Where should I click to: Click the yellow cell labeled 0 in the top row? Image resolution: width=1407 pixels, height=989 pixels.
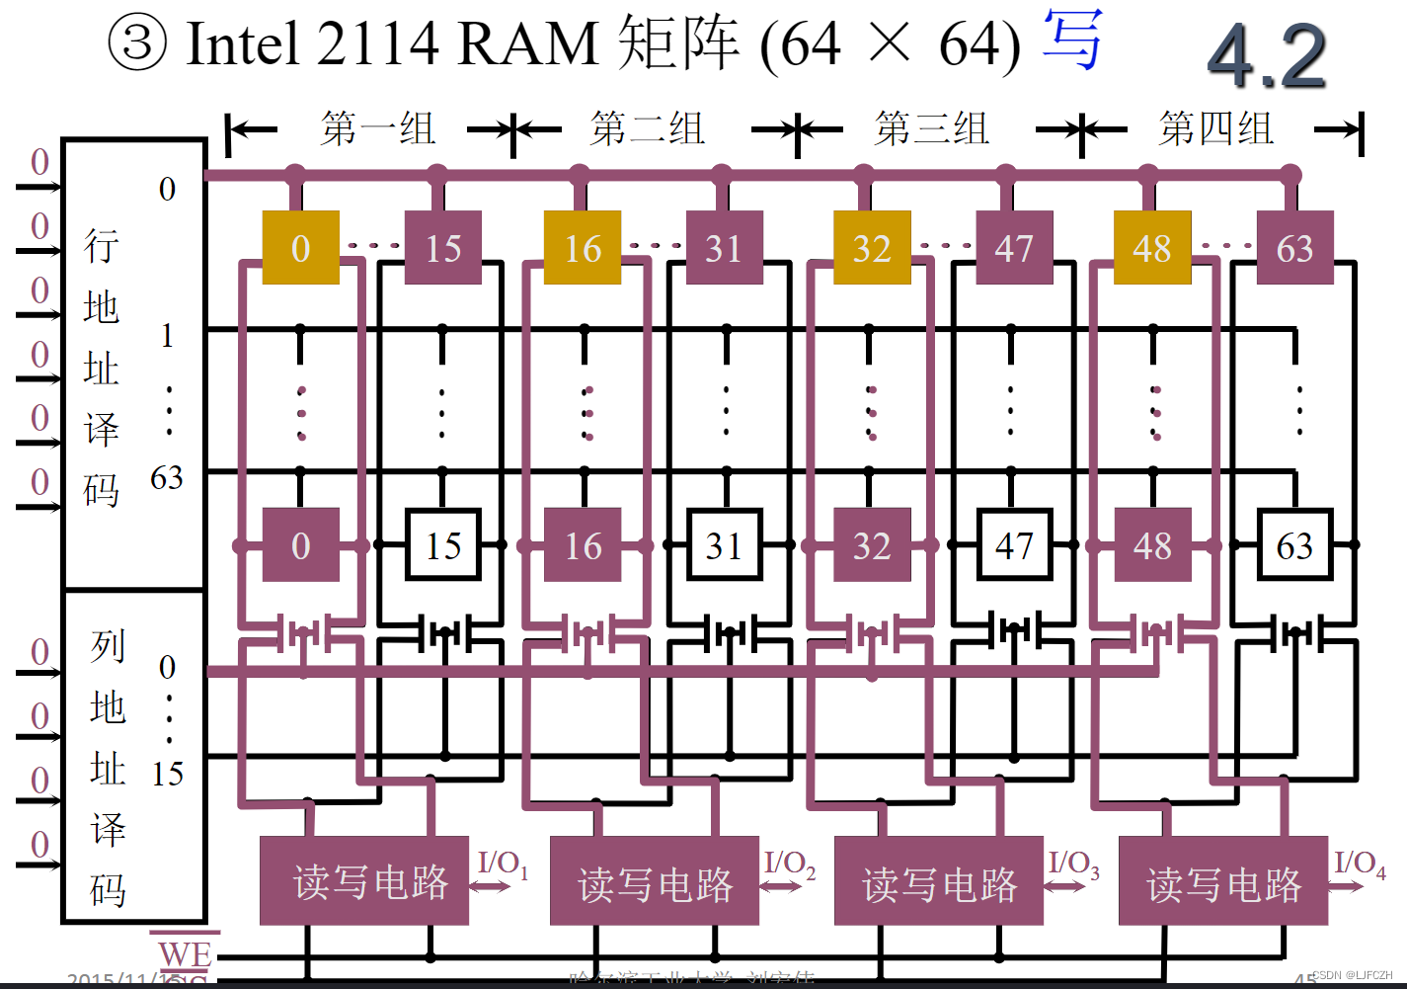pyautogui.click(x=300, y=248)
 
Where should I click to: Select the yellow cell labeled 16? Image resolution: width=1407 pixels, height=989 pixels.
pyautogui.click(x=583, y=248)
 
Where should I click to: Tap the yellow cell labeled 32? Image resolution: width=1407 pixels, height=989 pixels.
pyautogui.click(x=871, y=248)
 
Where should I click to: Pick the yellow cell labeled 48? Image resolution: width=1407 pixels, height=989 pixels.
pyautogui.click(x=1151, y=248)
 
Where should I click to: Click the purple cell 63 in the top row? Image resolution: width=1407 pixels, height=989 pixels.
pyautogui.click(x=1294, y=248)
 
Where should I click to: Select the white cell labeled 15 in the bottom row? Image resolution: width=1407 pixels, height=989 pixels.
pyautogui.click(x=443, y=545)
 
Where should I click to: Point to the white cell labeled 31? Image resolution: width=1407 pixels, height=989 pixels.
pyautogui.click(x=725, y=545)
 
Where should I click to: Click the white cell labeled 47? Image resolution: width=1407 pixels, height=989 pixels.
pyautogui.click(x=1013, y=545)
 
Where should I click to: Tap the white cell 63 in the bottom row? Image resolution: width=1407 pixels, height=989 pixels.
pyautogui.click(x=1294, y=545)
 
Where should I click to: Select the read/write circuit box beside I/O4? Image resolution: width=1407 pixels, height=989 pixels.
pyautogui.click(x=1222, y=881)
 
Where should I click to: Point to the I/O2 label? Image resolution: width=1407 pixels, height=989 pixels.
pyautogui.click(x=789, y=864)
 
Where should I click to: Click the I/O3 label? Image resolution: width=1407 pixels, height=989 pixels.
pyautogui.click(x=1073, y=864)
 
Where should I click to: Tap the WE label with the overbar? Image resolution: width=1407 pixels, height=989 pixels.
pyautogui.click(x=185, y=954)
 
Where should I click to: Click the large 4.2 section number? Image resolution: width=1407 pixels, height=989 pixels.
pyautogui.click(x=1267, y=56)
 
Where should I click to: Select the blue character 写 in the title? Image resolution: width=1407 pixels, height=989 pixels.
pyautogui.click(x=1072, y=41)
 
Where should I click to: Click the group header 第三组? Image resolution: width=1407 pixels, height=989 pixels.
pyautogui.click(x=931, y=129)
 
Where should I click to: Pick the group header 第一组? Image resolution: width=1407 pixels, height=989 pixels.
pyautogui.click(x=377, y=129)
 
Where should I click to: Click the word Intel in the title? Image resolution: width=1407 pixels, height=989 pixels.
pyautogui.click(x=243, y=44)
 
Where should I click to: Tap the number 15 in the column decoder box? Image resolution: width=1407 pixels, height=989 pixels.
pyautogui.click(x=168, y=774)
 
